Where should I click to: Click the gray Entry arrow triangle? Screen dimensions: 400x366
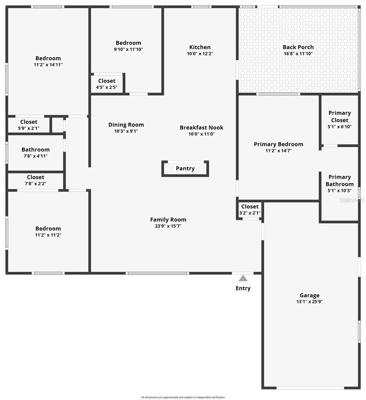click(x=243, y=278)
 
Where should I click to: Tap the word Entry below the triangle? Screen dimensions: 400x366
click(x=243, y=288)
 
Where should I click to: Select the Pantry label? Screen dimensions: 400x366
click(x=185, y=168)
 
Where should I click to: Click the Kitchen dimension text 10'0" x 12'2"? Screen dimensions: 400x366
click(x=200, y=53)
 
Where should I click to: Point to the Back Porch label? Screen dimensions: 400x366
click(x=298, y=47)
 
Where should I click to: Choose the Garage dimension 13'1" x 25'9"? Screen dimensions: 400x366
click(x=309, y=302)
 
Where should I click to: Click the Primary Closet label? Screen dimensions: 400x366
click(x=339, y=116)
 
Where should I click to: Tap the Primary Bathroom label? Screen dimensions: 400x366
click(x=339, y=180)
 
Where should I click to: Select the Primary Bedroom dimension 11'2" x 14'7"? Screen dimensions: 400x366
click(x=279, y=151)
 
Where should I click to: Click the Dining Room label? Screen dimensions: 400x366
click(x=126, y=125)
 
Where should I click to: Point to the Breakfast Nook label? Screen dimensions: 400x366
click(x=202, y=127)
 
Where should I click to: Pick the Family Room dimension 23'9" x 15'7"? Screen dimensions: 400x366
click(x=168, y=226)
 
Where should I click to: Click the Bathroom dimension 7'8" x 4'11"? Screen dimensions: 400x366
click(x=35, y=156)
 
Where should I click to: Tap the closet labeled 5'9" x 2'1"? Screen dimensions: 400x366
click(x=29, y=125)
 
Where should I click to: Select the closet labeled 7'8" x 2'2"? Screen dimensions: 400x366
click(x=35, y=180)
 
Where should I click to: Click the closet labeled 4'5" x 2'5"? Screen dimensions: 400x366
click(x=107, y=84)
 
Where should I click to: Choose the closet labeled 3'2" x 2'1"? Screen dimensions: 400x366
click(x=250, y=210)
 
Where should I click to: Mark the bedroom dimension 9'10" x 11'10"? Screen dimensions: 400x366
click(x=128, y=49)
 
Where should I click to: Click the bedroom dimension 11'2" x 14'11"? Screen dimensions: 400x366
click(x=48, y=65)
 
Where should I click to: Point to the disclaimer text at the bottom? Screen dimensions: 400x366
click(x=183, y=397)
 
